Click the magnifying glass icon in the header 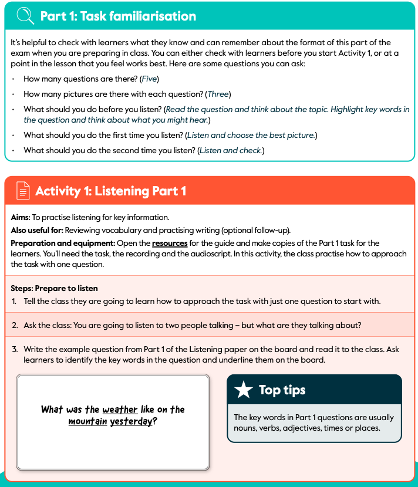coord(25,16)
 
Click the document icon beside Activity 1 coord(22,191)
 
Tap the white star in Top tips coord(243,390)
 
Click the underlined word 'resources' coord(170,243)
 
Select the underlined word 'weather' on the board coord(120,410)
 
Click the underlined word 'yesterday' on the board coord(132,421)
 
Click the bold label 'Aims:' coord(20,218)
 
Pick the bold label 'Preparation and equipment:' coord(63,243)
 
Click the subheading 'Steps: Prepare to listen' coord(54,289)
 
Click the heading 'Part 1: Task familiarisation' coord(118,16)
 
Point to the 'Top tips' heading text coord(282,390)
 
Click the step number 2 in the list coord(14,325)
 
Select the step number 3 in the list coord(14,349)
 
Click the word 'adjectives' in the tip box coord(321,428)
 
